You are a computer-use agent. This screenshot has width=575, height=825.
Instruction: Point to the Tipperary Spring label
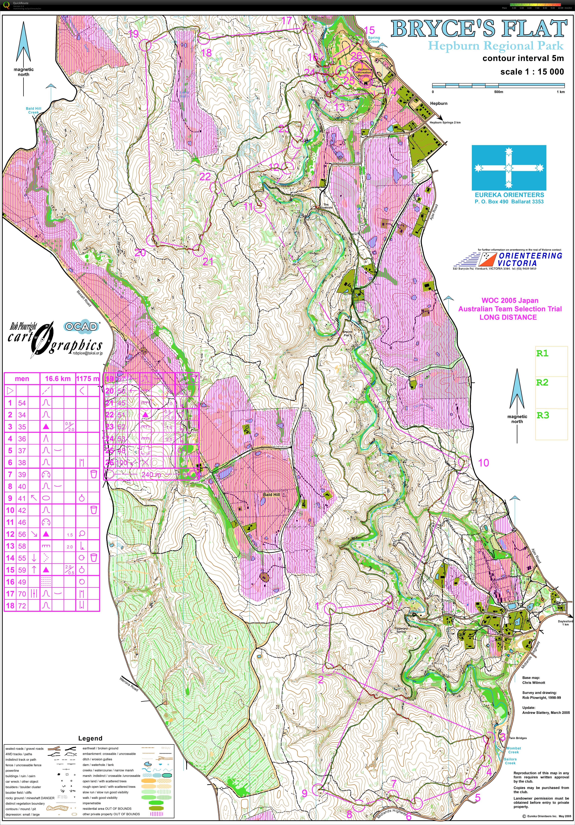click(x=401, y=630)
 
